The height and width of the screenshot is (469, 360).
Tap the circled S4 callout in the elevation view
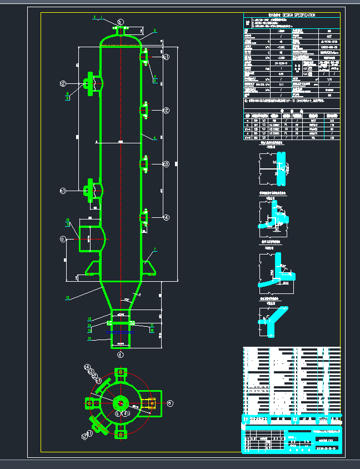click(166, 217)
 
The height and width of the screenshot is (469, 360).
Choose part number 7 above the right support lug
click(155, 250)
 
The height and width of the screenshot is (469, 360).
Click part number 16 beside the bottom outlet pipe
click(89, 338)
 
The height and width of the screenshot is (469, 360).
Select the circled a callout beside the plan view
click(170, 403)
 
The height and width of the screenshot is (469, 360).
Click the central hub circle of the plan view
click(120, 403)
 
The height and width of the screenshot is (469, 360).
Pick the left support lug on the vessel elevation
click(91, 269)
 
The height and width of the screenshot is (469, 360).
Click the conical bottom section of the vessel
click(121, 293)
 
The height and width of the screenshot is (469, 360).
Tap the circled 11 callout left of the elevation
click(63, 191)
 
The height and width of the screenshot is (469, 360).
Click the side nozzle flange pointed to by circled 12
click(89, 83)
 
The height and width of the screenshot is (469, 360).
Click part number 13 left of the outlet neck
click(89, 318)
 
